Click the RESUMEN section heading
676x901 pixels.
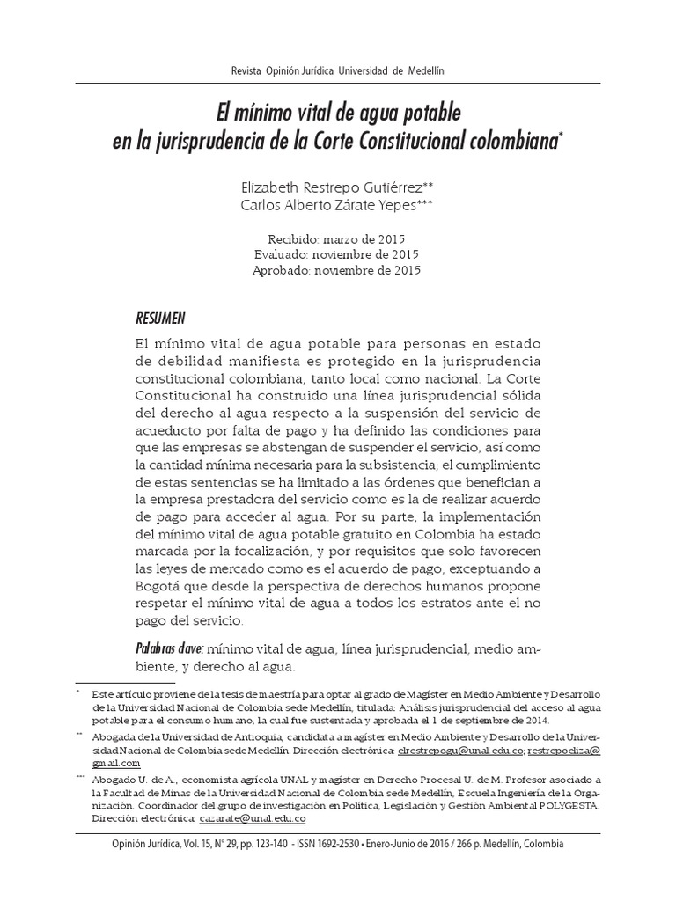click(x=160, y=318)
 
